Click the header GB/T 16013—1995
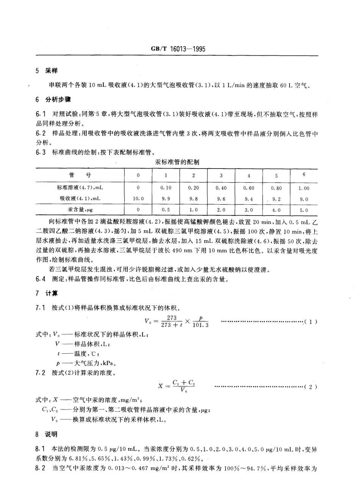click(x=178, y=49)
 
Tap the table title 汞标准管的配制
click(x=177, y=162)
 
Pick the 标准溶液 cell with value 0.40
click(x=221, y=188)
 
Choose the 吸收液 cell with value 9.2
click(x=276, y=198)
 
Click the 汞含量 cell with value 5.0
click(x=304, y=210)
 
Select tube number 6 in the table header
click(x=304, y=175)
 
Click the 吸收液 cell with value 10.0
click(x=138, y=198)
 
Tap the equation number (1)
click(x=311, y=322)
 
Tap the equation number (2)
click(x=311, y=387)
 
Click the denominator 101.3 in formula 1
click(x=201, y=325)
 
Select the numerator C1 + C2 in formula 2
click(x=183, y=383)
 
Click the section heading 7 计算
click(x=46, y=294)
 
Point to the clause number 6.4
click(x=41, y=280)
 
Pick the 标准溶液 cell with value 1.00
click(x=304, y=188)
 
